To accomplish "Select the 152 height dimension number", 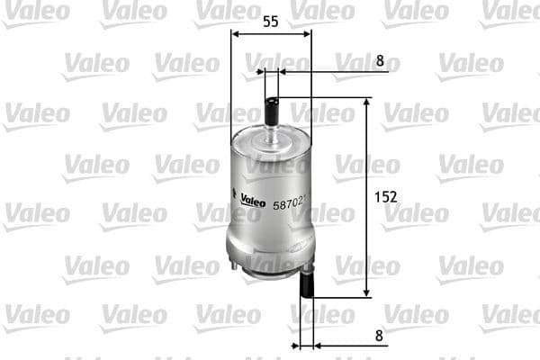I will pyautogui.click(x=385, y=196).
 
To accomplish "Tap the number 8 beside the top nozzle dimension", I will pyautogui.click(x=381, y=61).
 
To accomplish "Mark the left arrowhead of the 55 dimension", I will pyautogui.click(x=236, y=34).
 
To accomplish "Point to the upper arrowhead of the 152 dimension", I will pyautogui.click(x=367, y=103).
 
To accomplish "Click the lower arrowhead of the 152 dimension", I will pyautogui.click(x=367, y=292).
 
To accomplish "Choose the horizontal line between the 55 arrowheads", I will pyautogui.click(x=271, y=34).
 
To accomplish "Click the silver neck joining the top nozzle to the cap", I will pyautogui.click(x=271, y=130).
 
